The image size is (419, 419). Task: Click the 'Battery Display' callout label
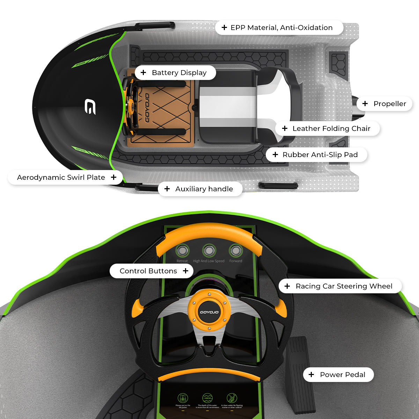[175, 73]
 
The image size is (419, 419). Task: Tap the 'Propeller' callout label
[384, 104]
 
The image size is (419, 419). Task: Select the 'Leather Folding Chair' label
[327, 128]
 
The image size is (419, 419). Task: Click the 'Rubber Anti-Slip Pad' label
[316, 155]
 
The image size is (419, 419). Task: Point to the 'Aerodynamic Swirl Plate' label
[65, 177]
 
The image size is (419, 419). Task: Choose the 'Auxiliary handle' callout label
[200, 189]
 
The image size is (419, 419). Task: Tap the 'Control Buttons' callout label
[152, 271]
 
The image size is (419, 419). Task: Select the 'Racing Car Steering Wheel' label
[340, 286]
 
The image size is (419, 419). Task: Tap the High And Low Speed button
[209, 250]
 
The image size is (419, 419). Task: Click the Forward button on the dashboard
[236, 250]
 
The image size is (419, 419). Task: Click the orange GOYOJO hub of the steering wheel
[209, 311]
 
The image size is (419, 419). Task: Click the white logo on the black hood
[90, 106]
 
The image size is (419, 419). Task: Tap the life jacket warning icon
[183, 398]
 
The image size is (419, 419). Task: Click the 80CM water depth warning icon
[207, 398]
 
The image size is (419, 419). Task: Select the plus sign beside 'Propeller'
[365, 103]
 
